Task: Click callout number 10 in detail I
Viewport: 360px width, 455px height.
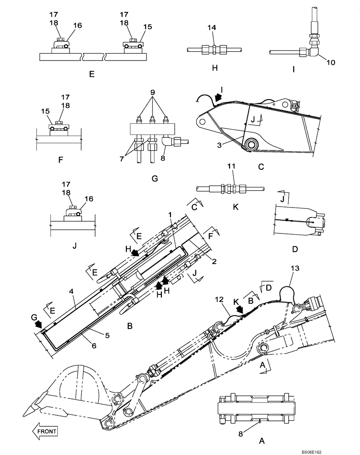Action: tap(330, 63)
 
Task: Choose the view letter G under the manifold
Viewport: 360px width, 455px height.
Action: tap(155, 179)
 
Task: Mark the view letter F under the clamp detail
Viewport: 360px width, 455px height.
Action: tap(61, 160)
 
